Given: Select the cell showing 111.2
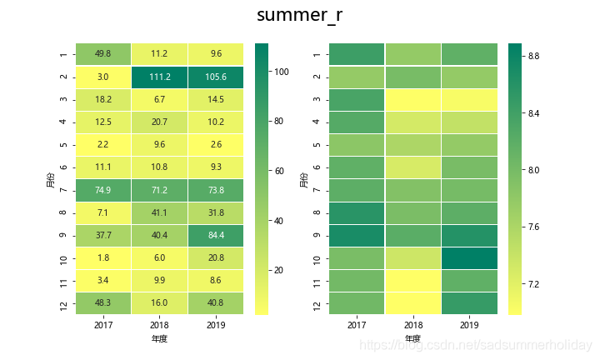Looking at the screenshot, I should click(159, 77).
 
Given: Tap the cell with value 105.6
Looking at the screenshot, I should click(216, 77).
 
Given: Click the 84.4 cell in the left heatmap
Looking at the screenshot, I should click(216, 235).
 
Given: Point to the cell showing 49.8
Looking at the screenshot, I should click(103, 54).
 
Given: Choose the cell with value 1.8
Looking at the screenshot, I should click(103, 257).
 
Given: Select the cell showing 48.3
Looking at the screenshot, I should click(103, 303).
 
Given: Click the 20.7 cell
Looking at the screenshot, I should click(159, 122).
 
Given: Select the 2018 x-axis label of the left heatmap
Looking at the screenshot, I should click(159, 325).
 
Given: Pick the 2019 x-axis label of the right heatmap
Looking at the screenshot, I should click(469, 325).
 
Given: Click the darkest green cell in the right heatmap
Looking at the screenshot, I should click(469, 257).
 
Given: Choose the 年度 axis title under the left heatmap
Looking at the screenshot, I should click(159, 339).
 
